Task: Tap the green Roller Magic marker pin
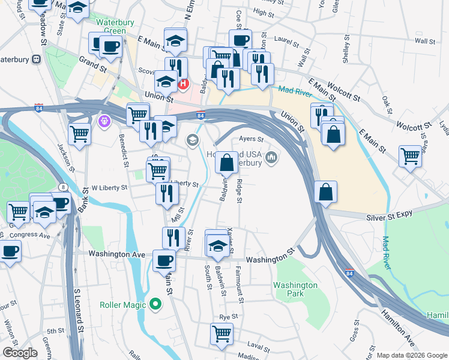pos(156,304)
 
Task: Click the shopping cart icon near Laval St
pos(222,334)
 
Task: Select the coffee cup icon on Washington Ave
pos(164,260)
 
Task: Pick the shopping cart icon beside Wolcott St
pos(410,157)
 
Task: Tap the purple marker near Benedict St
pos(104,121)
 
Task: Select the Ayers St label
pos(252,139)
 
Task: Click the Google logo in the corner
pos(20,352)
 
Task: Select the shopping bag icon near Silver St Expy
pos(325,193)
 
